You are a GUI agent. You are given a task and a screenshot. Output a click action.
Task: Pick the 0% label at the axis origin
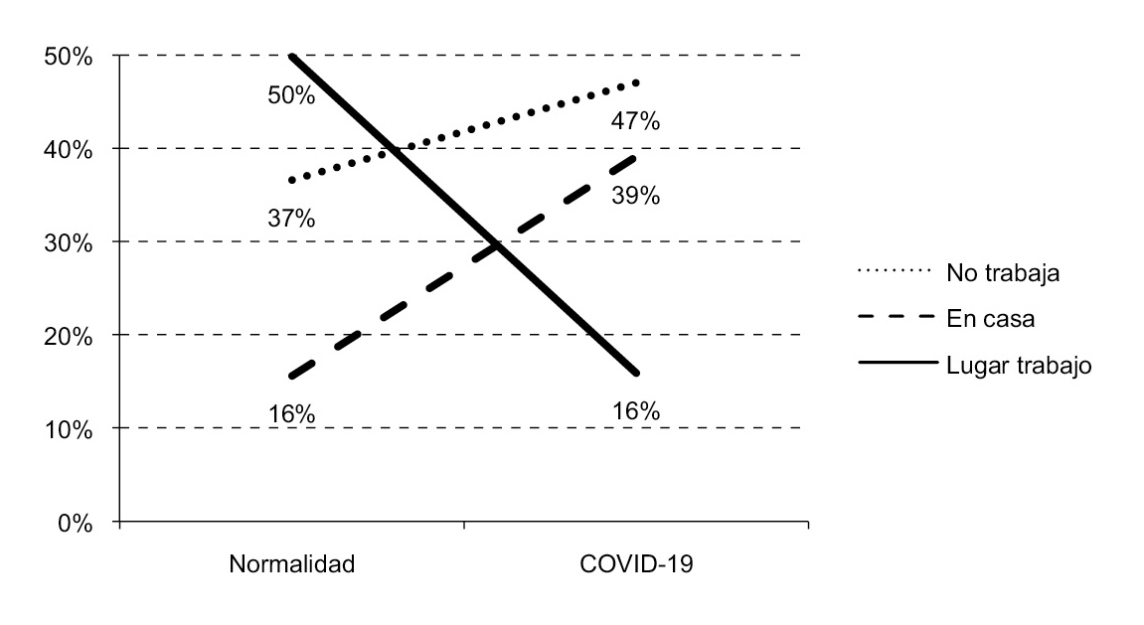pos(75,523)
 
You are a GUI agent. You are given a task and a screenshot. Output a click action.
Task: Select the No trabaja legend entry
pos(1003,272)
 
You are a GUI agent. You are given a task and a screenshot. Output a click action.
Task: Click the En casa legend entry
pos(994,318)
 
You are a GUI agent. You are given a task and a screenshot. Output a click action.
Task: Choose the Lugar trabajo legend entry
pos(1019,365)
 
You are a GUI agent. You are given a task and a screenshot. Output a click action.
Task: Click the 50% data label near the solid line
pos(291,96)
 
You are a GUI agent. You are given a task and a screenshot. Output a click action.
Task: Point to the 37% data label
pos(291,219)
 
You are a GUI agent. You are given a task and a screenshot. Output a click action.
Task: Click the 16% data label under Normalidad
pos(291,413)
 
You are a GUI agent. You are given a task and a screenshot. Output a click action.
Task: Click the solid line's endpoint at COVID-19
pos(636,374)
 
